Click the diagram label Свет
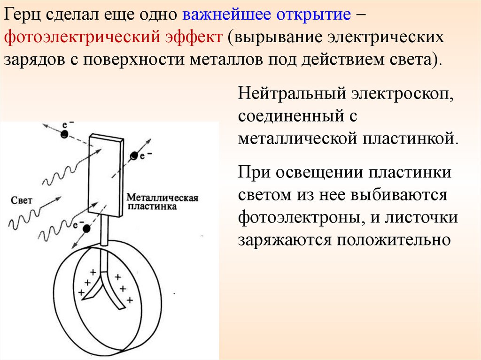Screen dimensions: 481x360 click(x=21, y=200)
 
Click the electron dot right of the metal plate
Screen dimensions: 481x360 click(x=135, y=156)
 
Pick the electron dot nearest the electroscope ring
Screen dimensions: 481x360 click(x=86, y=229)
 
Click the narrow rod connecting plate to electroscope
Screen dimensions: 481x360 click(x=104, y=230)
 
